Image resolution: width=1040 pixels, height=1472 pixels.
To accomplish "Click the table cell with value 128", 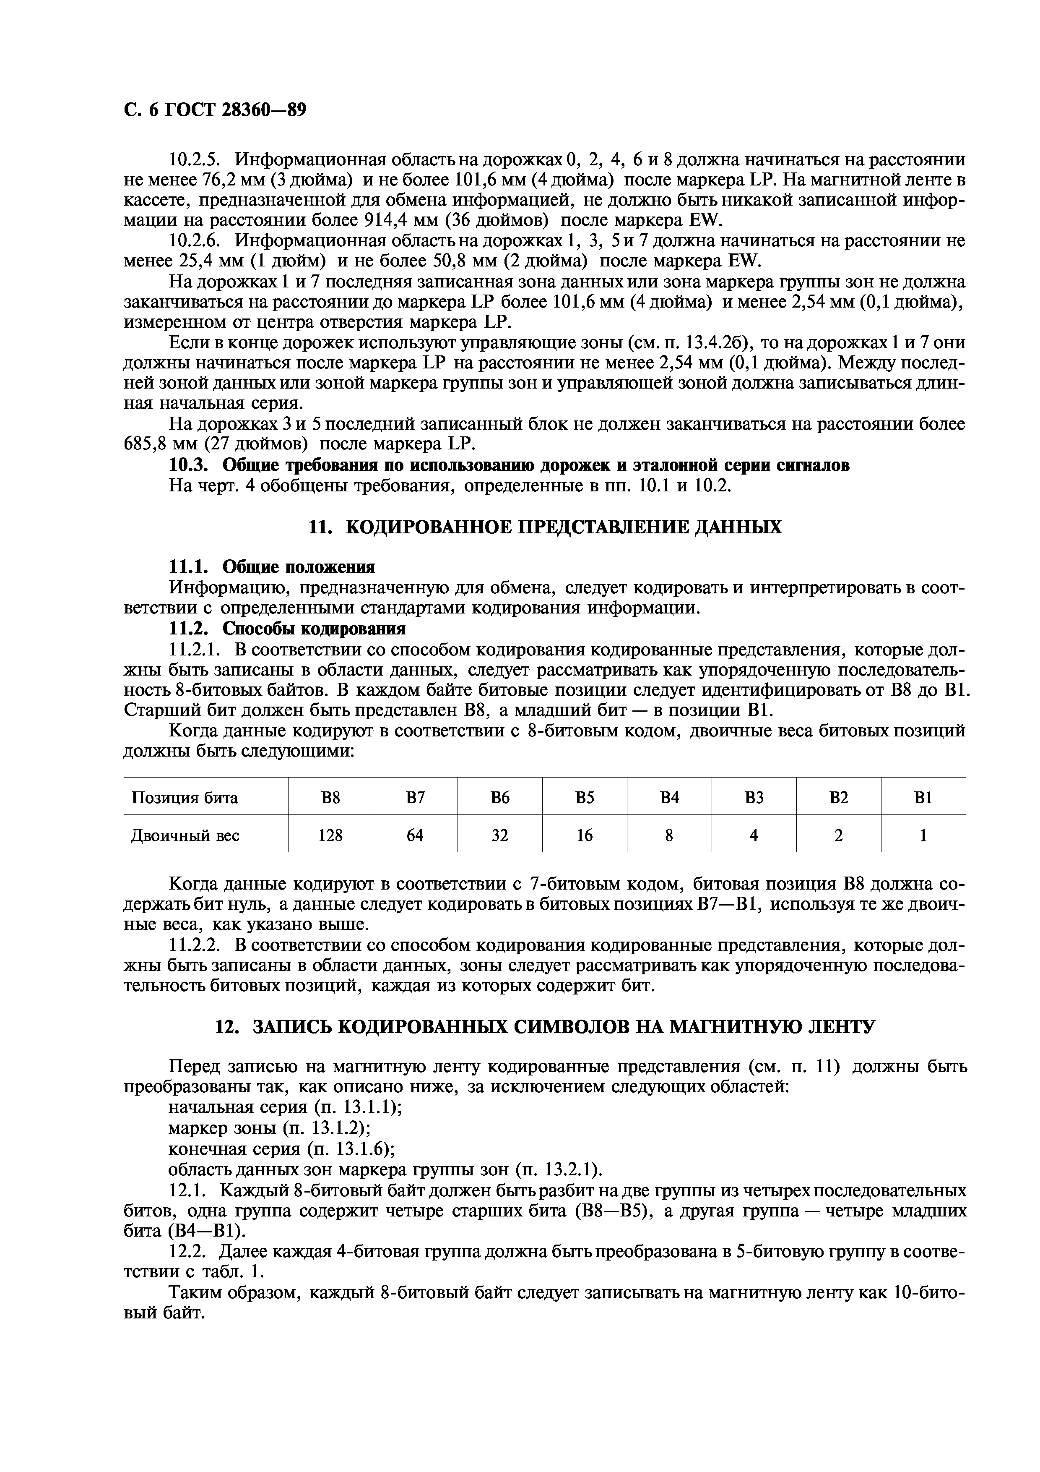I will (330, 835).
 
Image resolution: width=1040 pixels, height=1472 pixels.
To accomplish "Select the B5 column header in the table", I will (585, 798).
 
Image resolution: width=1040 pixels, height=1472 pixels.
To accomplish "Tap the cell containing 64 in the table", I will (415, 835).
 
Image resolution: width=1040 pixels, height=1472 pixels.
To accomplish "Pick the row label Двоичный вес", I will (185, 835).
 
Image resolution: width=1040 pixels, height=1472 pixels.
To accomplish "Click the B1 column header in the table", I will (923, 798).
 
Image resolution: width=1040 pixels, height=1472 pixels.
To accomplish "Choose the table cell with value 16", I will (585, 835).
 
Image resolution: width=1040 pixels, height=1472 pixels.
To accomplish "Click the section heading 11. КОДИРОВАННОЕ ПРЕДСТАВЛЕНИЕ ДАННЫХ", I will (545, 527).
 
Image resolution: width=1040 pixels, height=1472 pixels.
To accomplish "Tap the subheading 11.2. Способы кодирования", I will (287, 628).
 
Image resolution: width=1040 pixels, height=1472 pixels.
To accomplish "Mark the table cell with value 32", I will (500, 835).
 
